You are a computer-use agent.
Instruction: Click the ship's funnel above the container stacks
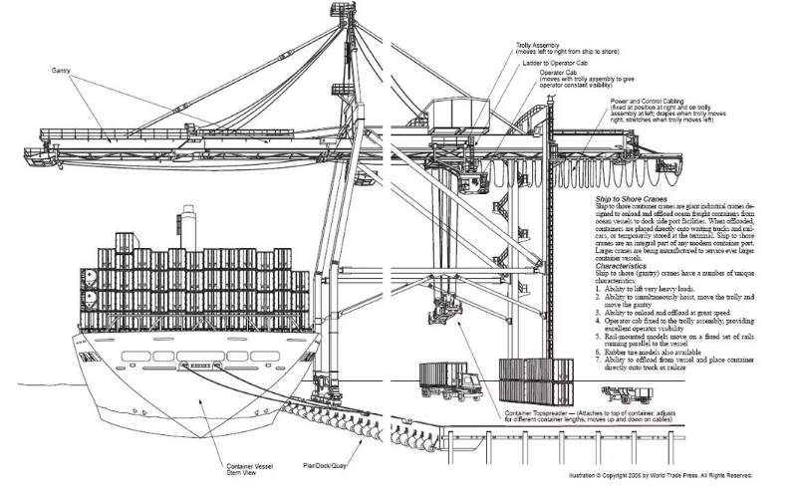(x=187, y=227)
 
